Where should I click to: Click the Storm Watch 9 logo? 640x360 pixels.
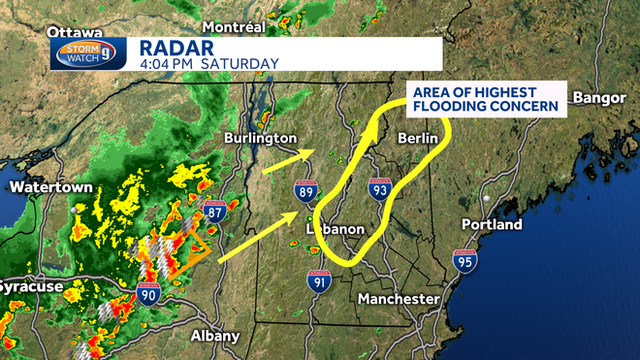(88, 53)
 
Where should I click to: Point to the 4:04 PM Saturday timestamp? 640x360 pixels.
(208, 64)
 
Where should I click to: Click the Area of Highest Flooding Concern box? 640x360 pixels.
(484, 98)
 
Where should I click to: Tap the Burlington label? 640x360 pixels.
(259, 138)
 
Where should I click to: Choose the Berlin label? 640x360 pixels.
(420, 138)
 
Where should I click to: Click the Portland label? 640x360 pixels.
(492, 224)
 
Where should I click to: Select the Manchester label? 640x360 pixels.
(399, 299)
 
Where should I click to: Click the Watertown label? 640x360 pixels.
(50, 185)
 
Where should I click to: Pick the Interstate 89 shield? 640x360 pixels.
(306, 194)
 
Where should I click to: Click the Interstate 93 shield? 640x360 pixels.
(379, 191)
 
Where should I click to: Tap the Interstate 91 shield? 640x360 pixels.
(319, 282)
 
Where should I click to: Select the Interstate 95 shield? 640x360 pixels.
(464, 261)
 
